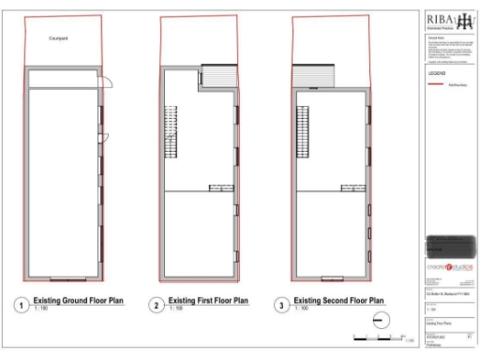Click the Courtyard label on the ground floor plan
click(x=59, y=38)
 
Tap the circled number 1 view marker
click(x=22, y=305)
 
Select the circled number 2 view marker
click(x=156, y=305)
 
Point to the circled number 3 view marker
click(x=281, y=305)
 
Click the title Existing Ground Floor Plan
click(x=79, y=301)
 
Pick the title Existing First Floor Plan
click(x=208, y=301)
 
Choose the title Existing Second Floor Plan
click(x=338, y=301)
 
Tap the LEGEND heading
click(x=437, y=72)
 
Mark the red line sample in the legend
click(x=434, y=83)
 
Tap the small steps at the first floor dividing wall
click(x=221, y=187)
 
